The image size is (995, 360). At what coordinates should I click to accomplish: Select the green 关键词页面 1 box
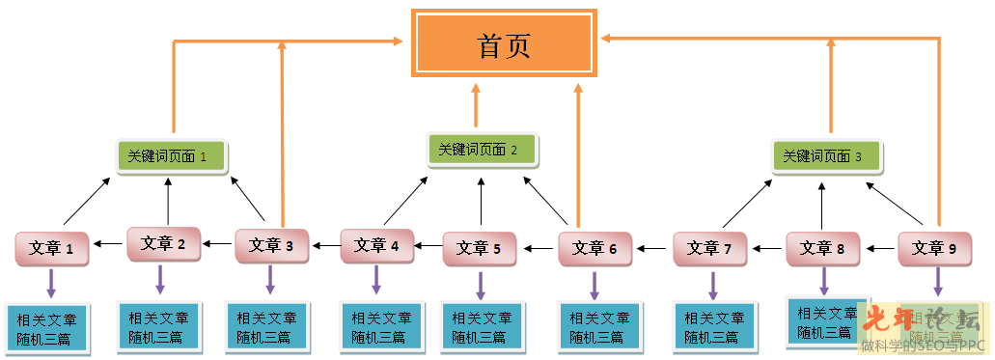pyautogui.click(x=173, y=155)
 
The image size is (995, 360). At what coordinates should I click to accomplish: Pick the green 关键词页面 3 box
pyautogui.click(x=826, y=155)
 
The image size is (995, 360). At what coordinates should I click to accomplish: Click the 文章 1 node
pyautogui.click(x=52, y=248)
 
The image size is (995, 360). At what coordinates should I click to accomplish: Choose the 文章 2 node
pyautogui.click(x=164, y=244)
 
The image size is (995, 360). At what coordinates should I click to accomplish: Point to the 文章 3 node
pyautogui.click(x=272, y=245)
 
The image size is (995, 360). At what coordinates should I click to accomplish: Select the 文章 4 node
pyautogui.click(x=377, y=245)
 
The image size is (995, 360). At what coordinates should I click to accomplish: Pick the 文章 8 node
pyautogui.click(x=822, y=248)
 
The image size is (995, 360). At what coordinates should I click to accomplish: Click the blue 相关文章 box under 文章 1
pyautogui.click(x=47, y=328)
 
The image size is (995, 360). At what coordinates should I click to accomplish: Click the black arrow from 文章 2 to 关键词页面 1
pyautogui.click(x=168, y=202)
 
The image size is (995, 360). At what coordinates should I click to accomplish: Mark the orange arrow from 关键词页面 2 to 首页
pyautogui.click(x=476, y=105)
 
